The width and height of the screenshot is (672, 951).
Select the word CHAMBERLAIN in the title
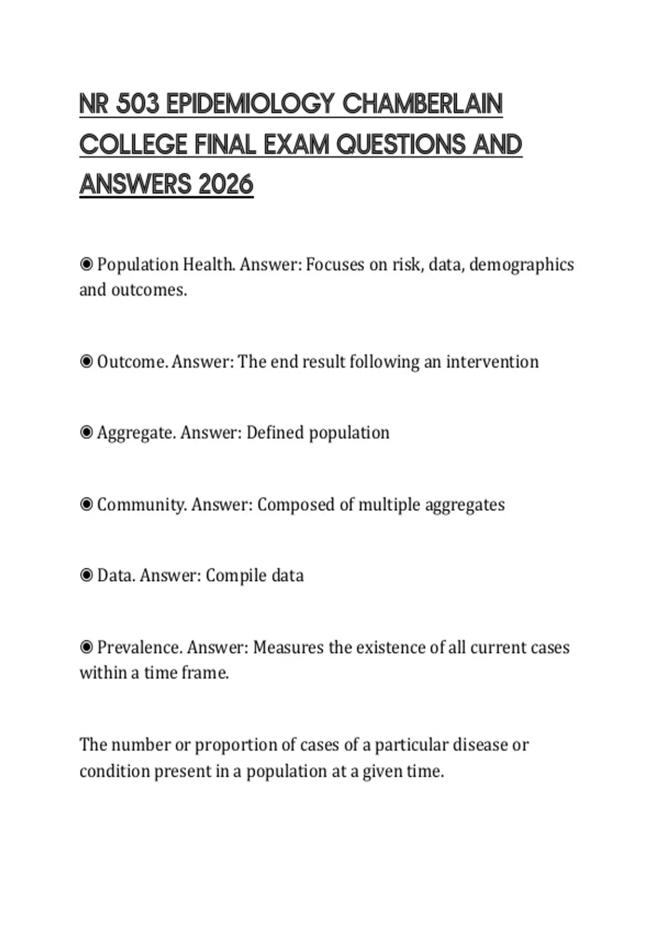click(x=422, y=104)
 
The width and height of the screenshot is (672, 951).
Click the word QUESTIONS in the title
click(x=402, y=144)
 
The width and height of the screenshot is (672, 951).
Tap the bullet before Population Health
click(x=86, y=264)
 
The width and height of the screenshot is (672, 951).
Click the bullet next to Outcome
click(x=86, y=362)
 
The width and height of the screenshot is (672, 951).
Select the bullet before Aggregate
click(x=86, y=432)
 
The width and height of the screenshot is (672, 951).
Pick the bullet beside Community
click(x=86, y=505)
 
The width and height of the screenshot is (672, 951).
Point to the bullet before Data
click(x=86, y=576)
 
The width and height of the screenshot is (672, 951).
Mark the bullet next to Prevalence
click(x=86, y=648)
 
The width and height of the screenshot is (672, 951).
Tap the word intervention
click(x=492, y=362)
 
